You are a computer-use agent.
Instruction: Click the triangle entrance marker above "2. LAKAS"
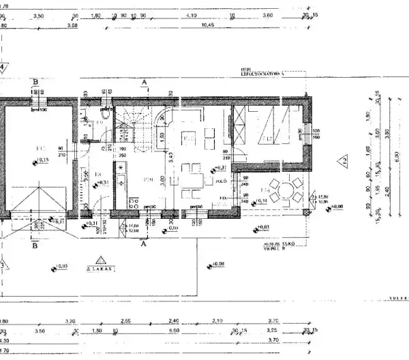pyautogui.click(x=101, y=260)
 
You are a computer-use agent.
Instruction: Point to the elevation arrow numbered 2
pyautogui.click(x=344, y=162)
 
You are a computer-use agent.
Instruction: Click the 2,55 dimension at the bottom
pyautogui.click(x=125, y=320)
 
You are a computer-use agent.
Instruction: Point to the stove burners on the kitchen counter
pyautogui.click(x=121, y=166)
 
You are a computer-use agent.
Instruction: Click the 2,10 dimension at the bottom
pyautogui.click(x=218, y=320)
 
